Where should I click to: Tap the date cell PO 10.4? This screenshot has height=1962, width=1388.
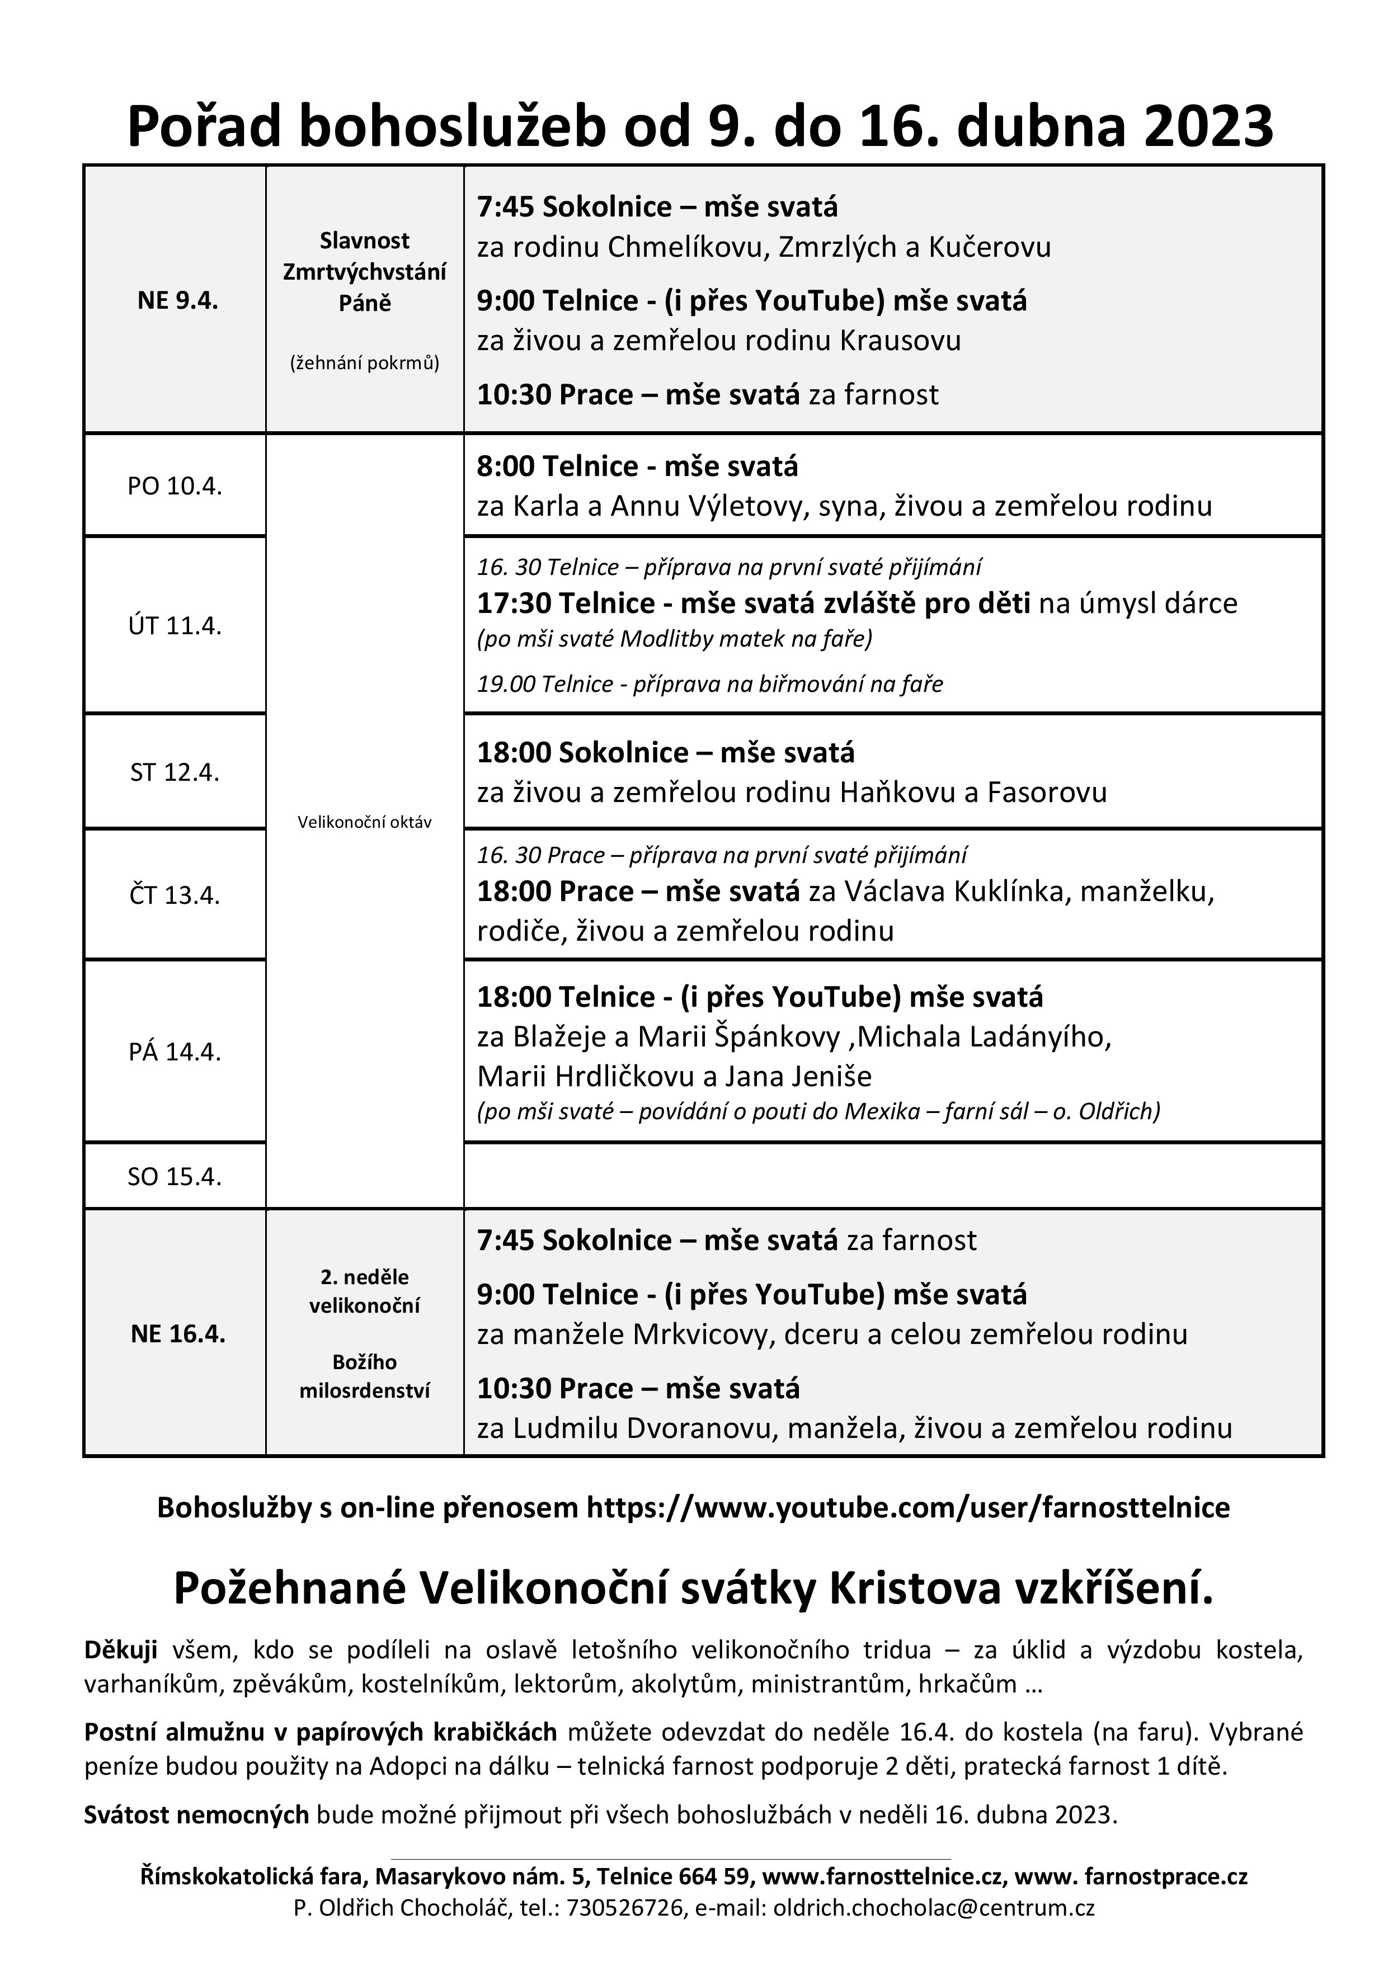click(x=175, y=486)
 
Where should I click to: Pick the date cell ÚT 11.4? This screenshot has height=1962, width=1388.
click(x=175, y=625)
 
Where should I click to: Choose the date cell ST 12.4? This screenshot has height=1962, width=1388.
click(x=175, y=772)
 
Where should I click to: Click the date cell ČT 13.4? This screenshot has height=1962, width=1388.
click(x=175, y=895)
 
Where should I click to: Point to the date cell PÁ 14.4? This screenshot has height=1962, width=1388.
click(x=175, y=1052)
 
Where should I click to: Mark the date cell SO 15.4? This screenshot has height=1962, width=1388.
click(x=175, y=1177)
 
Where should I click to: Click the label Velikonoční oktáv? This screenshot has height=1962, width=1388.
click(x=364, y=822)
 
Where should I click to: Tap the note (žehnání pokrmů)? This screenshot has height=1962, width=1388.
click(x=364, y=363)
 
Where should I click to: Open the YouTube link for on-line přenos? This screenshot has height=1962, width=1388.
click(x=907, y=1507)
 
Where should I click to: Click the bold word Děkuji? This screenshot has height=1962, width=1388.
click(x=120, y=1649)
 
